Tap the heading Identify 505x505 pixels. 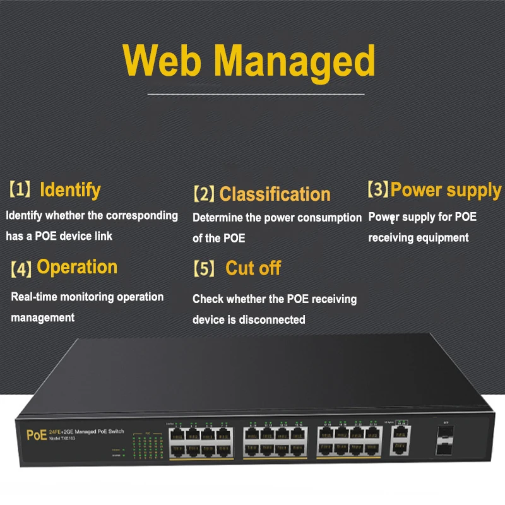(x=70, y=189)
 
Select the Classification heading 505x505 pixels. (x=275, y=194)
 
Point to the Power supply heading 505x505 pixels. (x=446, y=189)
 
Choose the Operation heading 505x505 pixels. (x=77, y=267)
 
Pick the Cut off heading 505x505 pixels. (x=253, y=268)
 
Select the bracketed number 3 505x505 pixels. (x=378, y=189)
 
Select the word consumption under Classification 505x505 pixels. (x=329, y=218)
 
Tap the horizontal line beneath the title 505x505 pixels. (x=256, y=94)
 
